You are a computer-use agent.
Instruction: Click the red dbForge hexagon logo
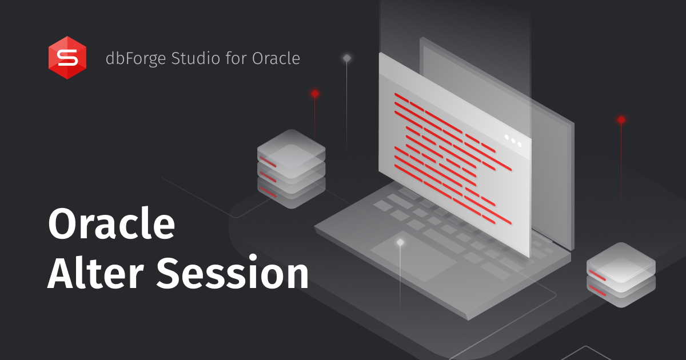[x=67, y=57]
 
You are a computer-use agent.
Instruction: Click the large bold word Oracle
[x=111, y=225]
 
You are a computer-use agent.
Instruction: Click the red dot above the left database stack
[x=314, y=93]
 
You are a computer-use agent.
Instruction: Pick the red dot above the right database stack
[x=621, y=120]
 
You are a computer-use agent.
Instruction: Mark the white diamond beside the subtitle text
[x=346, y=58]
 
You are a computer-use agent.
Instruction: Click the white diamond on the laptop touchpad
[x=400, y=242]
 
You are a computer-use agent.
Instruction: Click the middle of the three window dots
[x=513, y=140]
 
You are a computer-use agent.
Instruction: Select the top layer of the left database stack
[x=291, y=146]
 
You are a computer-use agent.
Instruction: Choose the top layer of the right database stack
[x=621, y=260]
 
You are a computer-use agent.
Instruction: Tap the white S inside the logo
[x=67, y=58]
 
